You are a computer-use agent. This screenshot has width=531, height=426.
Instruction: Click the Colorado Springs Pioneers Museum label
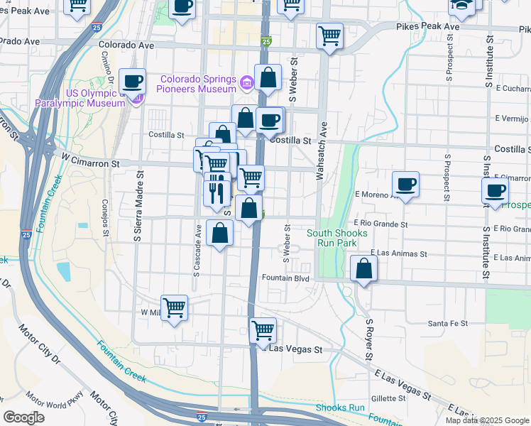coord(198,84)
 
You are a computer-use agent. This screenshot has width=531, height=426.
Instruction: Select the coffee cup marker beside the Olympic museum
coord(133,82)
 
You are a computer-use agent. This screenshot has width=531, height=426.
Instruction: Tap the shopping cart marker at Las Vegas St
coord(263,330)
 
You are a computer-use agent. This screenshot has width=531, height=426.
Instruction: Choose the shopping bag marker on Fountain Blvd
coord(363,269)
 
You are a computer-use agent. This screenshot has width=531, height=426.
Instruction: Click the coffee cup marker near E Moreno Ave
coord(405,185)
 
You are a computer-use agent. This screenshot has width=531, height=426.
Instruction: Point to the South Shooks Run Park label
coord(337,238)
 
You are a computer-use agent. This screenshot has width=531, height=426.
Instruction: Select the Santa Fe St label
coord(447,323)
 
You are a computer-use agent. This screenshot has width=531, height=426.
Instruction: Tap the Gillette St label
coord(387,399)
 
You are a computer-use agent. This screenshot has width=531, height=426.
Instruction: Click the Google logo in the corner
coord(23,417)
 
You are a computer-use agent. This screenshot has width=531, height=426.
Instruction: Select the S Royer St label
coord(369,340)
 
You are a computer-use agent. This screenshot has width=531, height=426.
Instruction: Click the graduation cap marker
coord(461,6)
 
